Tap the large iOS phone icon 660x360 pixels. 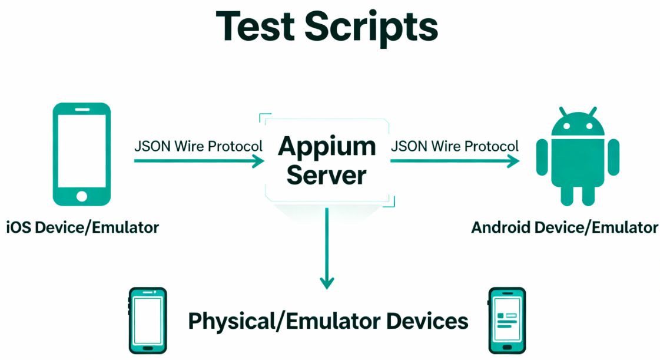coord(82,154)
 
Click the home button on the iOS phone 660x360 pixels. coord(82,196)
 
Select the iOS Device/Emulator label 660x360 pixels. coord(82,227)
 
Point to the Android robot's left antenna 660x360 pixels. coord(563,111)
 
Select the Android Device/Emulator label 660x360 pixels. coord(565,227)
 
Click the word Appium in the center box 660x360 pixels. coord(327,146)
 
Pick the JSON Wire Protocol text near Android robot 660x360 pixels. coord(455,146)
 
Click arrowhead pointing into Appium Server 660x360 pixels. coord(258,161)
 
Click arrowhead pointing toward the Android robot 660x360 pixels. coord(514,161)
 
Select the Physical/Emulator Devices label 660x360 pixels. coord(328,321)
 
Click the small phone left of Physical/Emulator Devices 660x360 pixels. coord(147,320)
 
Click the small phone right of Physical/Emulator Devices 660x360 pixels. coord(507,320)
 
